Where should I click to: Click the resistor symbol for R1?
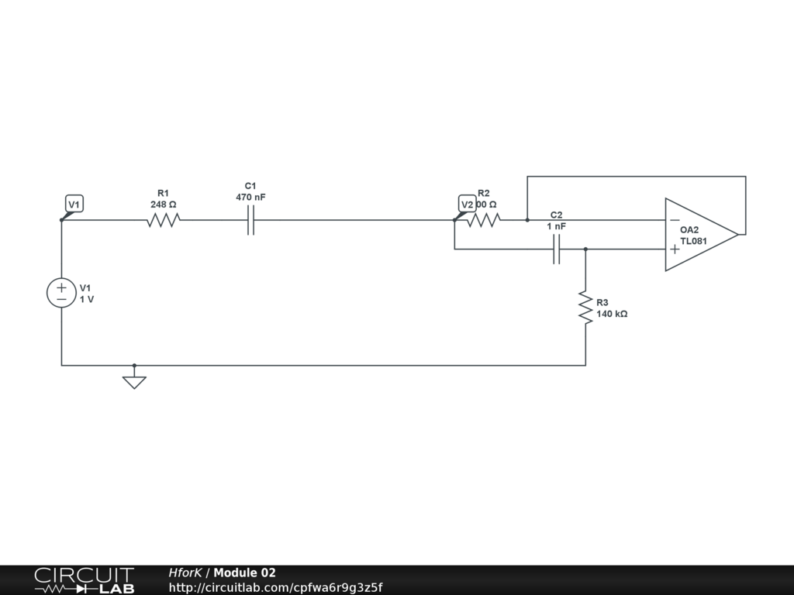[164, 220]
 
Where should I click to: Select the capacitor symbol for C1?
[250, 220]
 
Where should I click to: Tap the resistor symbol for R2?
[484, 220]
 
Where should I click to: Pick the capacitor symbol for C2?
[556, 249]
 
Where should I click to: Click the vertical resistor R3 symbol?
[585, 308]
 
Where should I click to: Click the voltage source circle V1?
[61, 293]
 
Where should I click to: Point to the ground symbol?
[134, 380]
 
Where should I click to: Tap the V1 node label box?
[74, 205]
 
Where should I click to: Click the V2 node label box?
[467, 205]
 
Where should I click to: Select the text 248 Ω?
[164, 205]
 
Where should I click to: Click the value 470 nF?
[250, 198]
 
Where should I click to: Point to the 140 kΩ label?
[612, 315]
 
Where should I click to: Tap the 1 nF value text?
[556, 226]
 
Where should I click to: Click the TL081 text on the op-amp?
[693, 241]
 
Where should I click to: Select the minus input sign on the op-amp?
[675, 221]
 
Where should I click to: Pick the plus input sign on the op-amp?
[675, 249]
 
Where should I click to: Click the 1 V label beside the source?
[87, 299]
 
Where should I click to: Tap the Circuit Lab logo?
[84, 580]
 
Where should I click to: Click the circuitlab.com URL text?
[275, 587]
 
